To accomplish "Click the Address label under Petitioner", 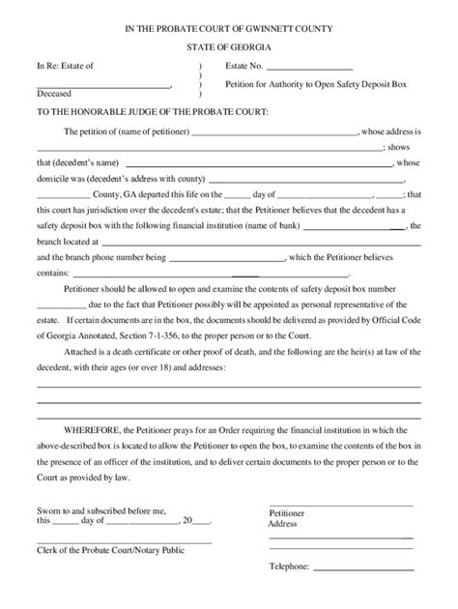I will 282,523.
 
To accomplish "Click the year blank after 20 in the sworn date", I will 203,519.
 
